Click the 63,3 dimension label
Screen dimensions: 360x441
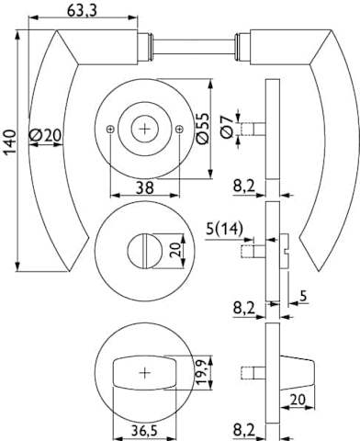(82, 10)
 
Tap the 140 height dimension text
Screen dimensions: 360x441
(10, 141)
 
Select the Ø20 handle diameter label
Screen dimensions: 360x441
(46, 135)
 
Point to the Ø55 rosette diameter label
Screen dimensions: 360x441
(202, 129)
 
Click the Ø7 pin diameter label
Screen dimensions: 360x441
(227, 128)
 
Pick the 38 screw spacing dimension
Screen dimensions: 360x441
(144, 187)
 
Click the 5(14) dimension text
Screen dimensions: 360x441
(224, 229)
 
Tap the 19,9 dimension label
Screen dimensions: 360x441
(201, 372)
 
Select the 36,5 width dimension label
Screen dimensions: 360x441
(144, 431)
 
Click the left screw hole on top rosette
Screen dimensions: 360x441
(110, 130)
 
